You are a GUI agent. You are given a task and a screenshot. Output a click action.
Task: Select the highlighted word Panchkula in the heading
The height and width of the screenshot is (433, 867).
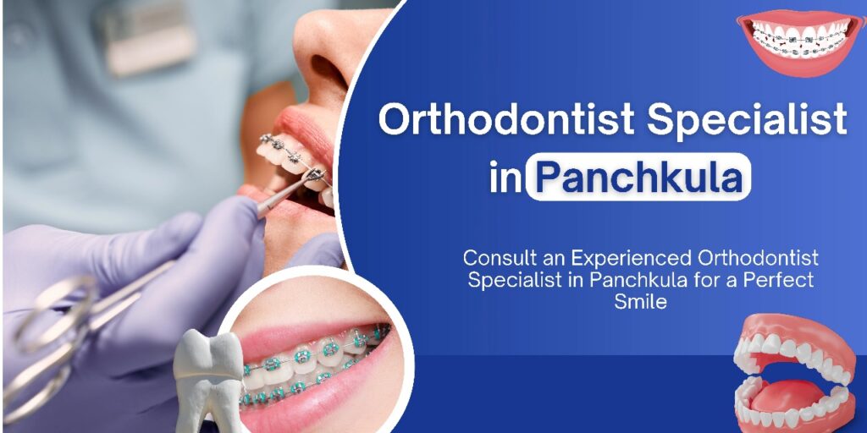[638, 178]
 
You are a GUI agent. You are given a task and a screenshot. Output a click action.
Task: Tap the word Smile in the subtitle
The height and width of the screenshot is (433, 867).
[640, 301]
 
